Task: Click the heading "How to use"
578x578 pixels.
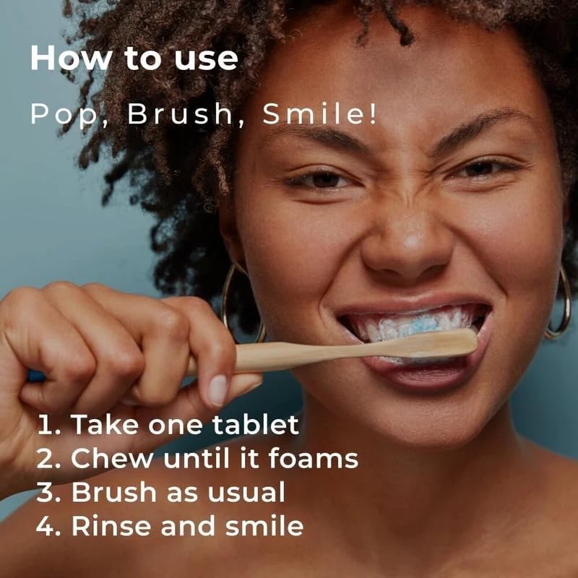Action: tap(134, 59)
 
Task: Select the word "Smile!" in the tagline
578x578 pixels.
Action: tap(319, 115)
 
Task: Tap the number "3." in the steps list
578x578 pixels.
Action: tap(48, 492)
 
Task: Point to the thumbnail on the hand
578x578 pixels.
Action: tap(217, 389)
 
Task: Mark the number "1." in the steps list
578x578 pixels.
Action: tap(48, 425)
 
